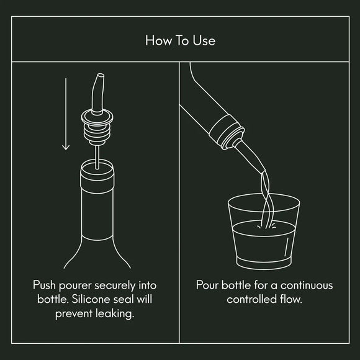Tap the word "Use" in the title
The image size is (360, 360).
[204, 41]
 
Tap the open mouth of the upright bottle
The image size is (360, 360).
[98, 165]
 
